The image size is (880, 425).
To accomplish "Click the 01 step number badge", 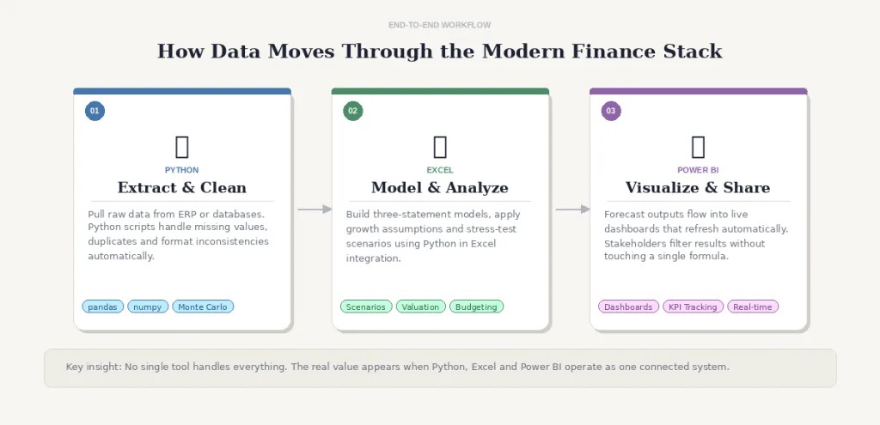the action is click(95, 111).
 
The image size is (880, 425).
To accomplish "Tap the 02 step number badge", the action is click(353, 111).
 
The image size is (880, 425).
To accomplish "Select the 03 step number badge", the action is click(611, 111).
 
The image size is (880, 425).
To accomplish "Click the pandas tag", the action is click(103, 307).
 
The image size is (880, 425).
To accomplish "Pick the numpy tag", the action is click(148, 307).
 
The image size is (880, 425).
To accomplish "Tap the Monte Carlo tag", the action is click(203, 307).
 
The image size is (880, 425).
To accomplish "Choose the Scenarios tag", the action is click(366, 307).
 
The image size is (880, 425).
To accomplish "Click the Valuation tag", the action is click(421, 307).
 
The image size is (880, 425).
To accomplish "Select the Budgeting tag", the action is click(476, 307).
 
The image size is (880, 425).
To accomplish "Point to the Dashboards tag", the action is click(628, 307).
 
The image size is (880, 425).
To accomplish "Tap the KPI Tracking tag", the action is click(694, 307).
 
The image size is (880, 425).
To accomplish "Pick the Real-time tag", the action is click(753, 307).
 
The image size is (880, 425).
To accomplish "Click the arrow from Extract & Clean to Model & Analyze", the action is click(315, 209).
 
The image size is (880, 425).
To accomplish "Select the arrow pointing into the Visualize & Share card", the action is click(573, 209).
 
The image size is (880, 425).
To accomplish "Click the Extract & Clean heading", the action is click(182, 187).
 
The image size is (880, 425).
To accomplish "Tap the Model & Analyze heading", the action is click(440, 187).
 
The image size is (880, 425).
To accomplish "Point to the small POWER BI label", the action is click(698, 170).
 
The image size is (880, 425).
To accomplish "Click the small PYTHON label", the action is click(182, 170).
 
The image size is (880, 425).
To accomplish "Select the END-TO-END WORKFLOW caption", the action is click(440, 25).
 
